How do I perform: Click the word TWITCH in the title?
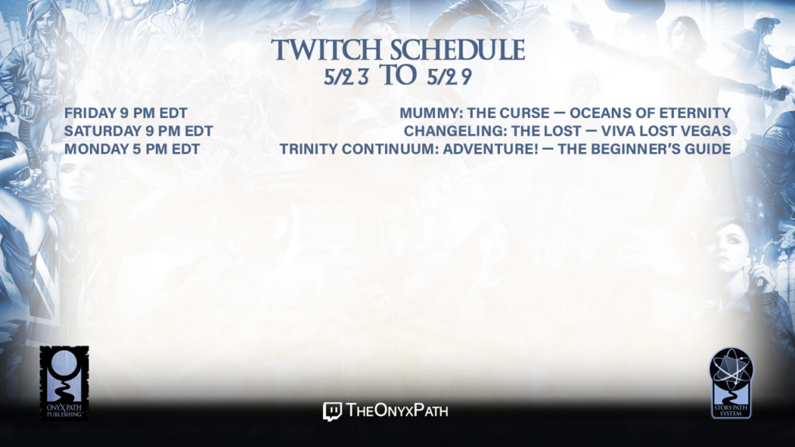pos(327,50)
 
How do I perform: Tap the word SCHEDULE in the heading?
pos(458,50)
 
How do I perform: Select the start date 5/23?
pos(346,77)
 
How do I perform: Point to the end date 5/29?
pos(450,77)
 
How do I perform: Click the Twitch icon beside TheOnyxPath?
pos(332,411)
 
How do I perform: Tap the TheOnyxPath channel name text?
pos(397,411)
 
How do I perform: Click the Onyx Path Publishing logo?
pos(64,383)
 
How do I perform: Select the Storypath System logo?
pos(731,383)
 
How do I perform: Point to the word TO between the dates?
pos(398,75)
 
